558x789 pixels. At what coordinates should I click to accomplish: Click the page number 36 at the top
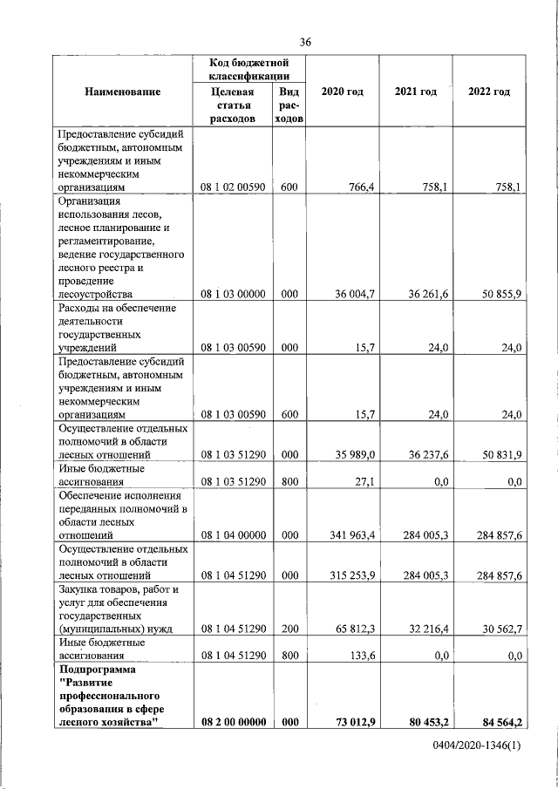click(305, 41)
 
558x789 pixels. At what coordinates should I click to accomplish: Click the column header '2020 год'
click(342, 92)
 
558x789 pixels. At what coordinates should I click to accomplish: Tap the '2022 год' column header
click(489, 92)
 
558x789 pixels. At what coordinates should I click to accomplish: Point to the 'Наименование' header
click(123, 92)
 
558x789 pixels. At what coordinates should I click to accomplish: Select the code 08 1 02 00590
click(233, 187)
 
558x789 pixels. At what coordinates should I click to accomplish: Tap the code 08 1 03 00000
click(233, 295)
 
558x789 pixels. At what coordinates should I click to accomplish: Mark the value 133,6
click(361, 656)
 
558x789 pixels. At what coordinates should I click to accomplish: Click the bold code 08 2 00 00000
click(233, 722)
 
